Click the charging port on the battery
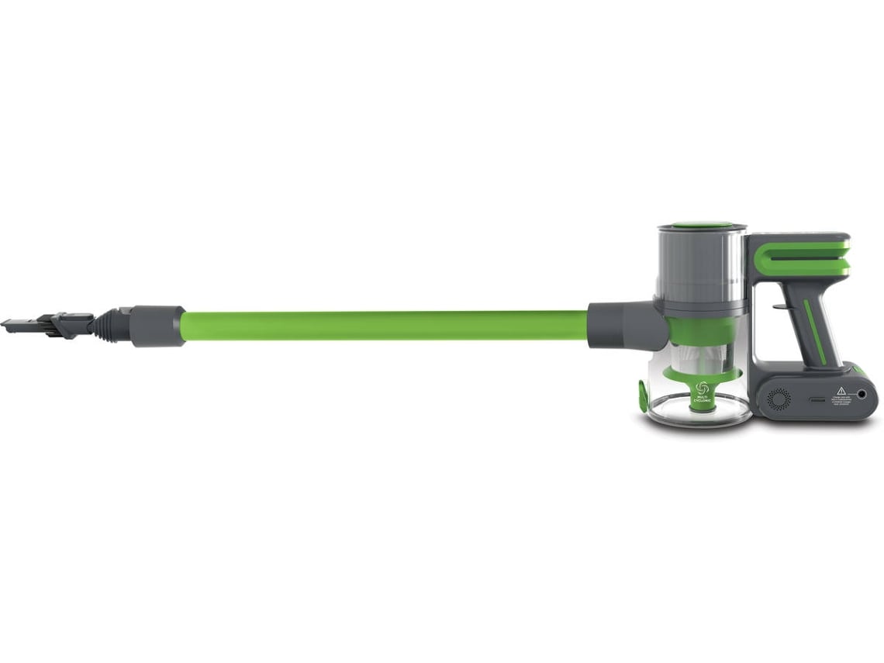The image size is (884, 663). [862, 395]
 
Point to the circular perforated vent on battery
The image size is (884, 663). [778, 398]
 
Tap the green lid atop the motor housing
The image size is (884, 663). [701, 226]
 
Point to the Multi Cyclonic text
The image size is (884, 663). [703, 400]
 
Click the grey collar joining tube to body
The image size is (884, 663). [620, 326]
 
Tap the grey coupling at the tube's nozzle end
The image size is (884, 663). [157, 325]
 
